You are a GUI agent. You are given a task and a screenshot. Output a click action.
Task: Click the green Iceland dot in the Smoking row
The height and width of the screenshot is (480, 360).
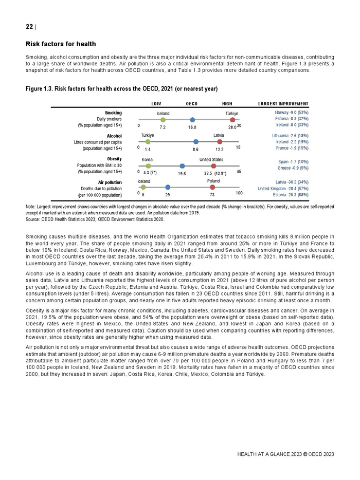[163, 120]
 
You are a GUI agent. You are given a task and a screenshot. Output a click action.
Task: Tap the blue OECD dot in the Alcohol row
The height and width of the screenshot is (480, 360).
[196, 141]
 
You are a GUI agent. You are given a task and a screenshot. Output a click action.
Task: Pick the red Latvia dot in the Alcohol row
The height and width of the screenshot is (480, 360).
[220, 141]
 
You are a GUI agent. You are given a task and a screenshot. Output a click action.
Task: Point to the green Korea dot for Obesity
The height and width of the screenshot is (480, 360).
[148, 166]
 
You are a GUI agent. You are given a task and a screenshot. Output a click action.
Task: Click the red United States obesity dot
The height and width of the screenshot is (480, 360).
[213, 166]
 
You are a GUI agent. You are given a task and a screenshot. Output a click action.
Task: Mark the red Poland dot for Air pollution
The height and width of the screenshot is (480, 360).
[212, 187]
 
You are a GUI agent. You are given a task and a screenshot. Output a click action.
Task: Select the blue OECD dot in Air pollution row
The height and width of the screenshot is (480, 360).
[168, 187]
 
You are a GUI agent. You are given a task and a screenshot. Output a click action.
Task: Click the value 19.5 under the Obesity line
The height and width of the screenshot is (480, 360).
[182, 174]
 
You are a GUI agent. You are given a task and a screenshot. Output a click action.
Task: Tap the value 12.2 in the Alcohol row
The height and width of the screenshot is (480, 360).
[220, 149]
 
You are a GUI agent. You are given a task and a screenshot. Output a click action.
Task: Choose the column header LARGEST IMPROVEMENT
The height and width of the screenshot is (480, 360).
[283, 104]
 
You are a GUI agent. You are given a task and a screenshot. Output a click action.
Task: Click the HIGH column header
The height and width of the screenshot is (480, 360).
[227, 104]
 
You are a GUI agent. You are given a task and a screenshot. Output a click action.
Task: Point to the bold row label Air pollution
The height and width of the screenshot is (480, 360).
[110, 182]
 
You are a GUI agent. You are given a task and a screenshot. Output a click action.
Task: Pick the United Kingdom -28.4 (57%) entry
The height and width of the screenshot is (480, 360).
[283, 189]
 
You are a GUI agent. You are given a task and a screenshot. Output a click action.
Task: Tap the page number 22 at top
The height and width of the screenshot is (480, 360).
[29, 27]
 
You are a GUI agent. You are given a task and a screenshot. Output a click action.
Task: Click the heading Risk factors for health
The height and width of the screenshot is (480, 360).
[61, 44]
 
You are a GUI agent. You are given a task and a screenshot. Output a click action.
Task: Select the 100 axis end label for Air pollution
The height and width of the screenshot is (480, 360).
[239, 193]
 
